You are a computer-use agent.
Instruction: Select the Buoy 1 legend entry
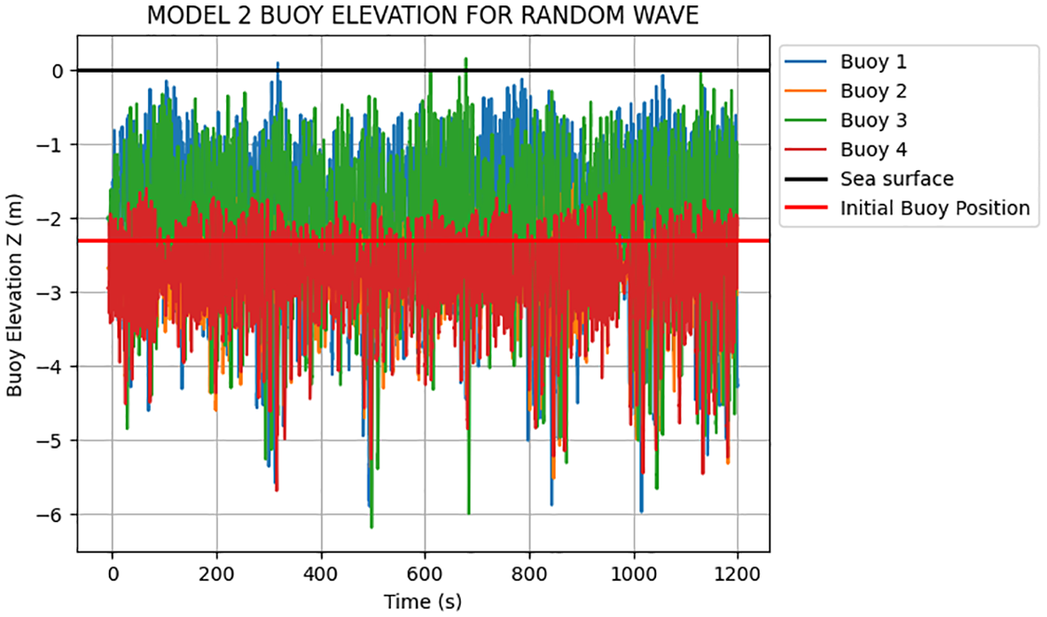[872, 62]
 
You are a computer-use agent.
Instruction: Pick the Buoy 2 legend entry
[872, 91]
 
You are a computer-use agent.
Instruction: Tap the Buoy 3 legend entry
[872, 121]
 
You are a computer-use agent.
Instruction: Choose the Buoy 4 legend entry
[872, 150]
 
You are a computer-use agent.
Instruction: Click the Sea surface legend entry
[896, 179]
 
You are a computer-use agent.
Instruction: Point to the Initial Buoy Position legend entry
[934, 208]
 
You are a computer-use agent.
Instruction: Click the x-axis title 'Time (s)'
[423, 602]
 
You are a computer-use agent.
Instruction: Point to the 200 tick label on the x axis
[217, 574]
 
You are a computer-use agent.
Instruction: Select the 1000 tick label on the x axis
[634, 574]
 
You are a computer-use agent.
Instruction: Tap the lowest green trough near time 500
[371, 527]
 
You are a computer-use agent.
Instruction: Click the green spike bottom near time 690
[469, 512]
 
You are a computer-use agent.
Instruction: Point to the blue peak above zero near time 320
[277, 64]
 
